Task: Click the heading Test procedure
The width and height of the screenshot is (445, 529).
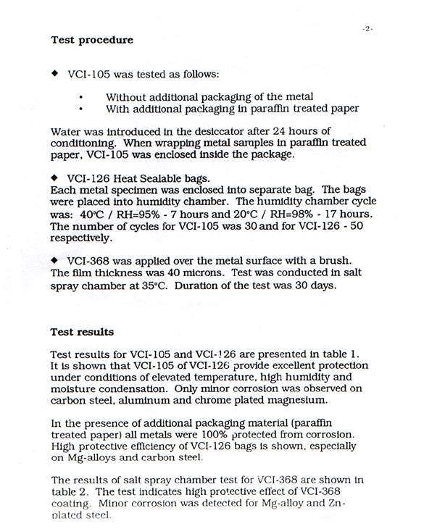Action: tap(92, 41)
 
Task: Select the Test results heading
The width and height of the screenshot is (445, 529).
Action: tap(82, 333)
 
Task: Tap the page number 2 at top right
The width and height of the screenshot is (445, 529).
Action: tap(368, 28)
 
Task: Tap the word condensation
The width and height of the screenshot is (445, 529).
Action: tap(132, 388)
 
